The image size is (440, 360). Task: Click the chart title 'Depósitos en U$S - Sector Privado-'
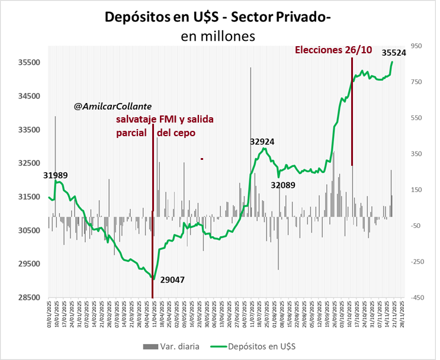(217, 17)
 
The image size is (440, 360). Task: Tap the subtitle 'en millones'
(218, 36)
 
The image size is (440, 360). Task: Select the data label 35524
(394, 53)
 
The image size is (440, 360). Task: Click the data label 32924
(262, 142)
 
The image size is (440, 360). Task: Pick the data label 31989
(55, 175)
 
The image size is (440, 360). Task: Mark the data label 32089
(283, 185)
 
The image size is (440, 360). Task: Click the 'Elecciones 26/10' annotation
(333, 50)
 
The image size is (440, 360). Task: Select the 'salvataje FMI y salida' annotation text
(165, 120)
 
